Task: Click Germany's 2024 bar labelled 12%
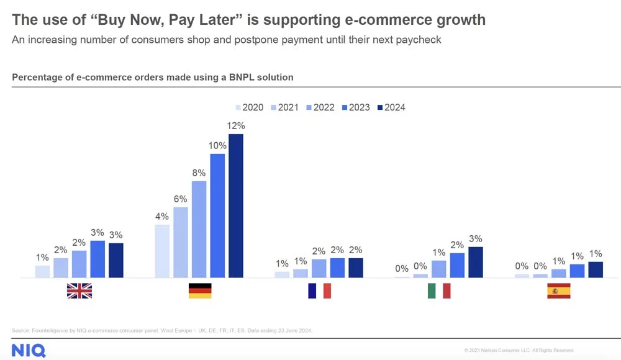click(x=235, y=205)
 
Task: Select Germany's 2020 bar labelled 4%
click(x=161, y=251)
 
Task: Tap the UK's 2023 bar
click(x=97, y=259)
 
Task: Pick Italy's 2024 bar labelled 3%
click(x=475, y=262)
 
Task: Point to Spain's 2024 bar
click(x=595, y=269)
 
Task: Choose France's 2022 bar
click(x=319, y=268)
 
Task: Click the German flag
click(x=200, y=290)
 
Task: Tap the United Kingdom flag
click(x=79, y=290)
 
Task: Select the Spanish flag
click(x=558, y=290)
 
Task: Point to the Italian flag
click(x=439, y=290)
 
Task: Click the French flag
click(x=319, y=290)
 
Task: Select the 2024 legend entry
click(x=390, y=107)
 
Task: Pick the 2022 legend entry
click(x=319, y=107)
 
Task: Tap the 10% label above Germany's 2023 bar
click(x=217, y=145)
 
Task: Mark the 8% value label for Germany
click(x=199, y=172)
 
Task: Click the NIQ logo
click(x=28, y=349)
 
